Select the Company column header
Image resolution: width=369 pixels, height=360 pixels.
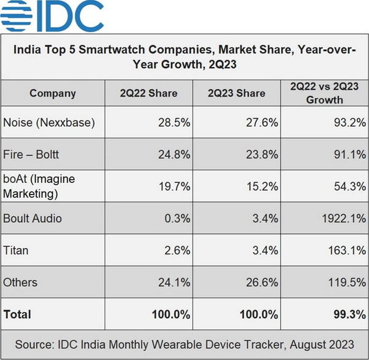(x=52, y=94)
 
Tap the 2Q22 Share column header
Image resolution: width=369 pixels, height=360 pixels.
(x=148, y=94)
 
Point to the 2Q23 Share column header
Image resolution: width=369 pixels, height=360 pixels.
(x=237, y=94)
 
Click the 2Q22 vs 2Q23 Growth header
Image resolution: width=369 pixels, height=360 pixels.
(x=324, y=94)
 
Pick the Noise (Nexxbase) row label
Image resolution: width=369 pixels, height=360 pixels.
(x=49, y=122)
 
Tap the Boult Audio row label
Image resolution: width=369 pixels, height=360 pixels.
(x=33, y=218)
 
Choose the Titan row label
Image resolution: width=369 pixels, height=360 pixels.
(x=16, y=250)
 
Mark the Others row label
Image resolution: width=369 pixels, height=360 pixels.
(x=20, y=282)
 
